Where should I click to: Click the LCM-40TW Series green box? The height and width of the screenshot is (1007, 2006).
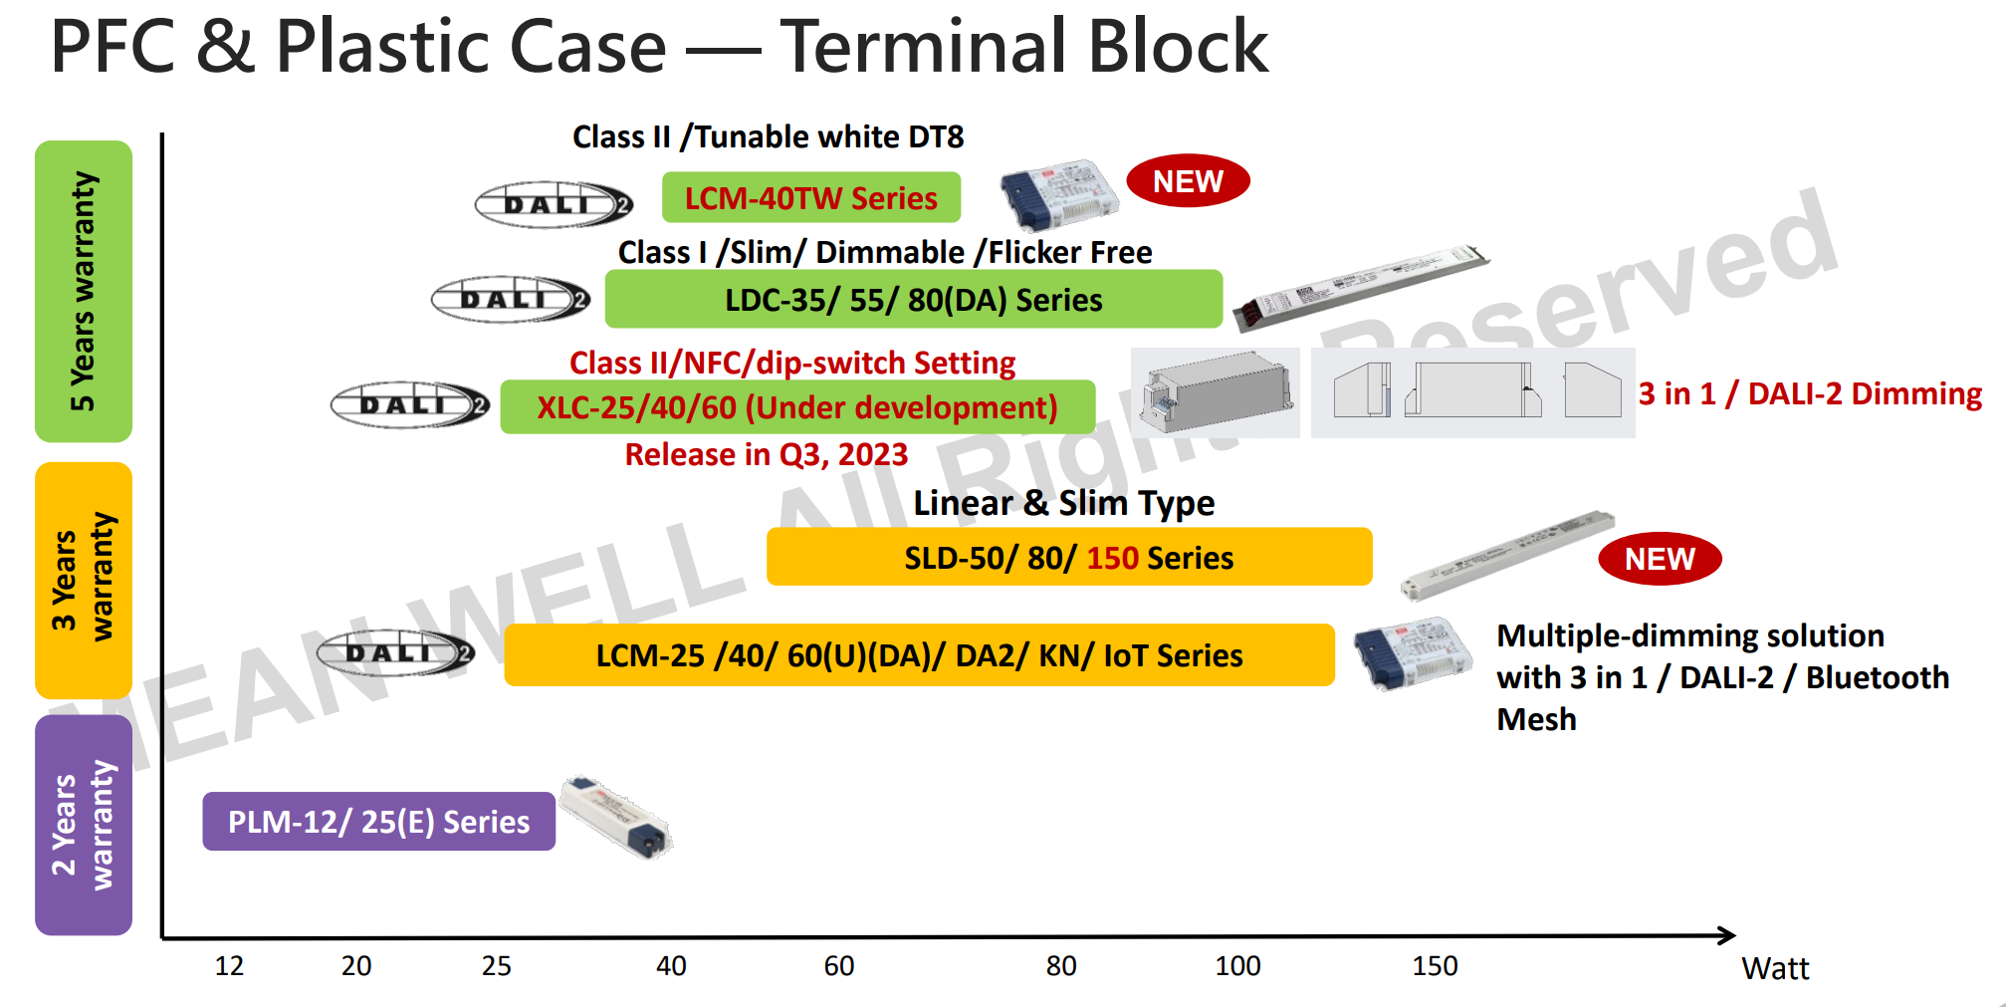pyautogui.click(x=810, y=197)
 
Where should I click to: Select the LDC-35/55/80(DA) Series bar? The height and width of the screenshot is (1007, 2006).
pyautogui.click(x=913, y=299)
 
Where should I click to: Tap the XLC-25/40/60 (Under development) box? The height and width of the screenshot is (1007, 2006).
pyautogui.click(x=796, y=407)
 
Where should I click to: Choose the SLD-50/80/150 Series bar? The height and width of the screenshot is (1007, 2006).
pyautogui.click(x=1068, y=557)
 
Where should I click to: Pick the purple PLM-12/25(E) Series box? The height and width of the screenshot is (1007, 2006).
pyautogui.click(x=378, y=822)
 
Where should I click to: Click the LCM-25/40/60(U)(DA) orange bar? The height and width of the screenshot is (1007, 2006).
pyautogui.click(x=918, y=655)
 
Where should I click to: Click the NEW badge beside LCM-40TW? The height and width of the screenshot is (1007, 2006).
pyautogui.click(x=1187, y=181)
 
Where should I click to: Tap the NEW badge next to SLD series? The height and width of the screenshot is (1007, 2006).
pyautogui.click(x=1659, y=559)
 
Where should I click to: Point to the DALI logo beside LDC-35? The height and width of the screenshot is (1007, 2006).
pyautogui.click(x=510, y=299)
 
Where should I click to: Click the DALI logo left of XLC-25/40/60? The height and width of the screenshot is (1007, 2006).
pyautogui.click(x=409, y=405)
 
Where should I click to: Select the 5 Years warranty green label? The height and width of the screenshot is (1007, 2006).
pyautogui.click(x=84, y=291)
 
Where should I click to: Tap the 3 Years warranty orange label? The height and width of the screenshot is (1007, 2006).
pyautogui.click(x=84, y=580)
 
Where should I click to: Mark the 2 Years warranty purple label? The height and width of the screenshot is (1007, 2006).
pyautogui.click(x=84, y=825)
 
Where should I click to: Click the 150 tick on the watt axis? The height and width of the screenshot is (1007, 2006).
pyautogui.click(x=1434, y=965)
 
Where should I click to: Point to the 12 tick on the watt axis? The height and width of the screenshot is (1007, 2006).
pyautogui.click(x=229, y=965)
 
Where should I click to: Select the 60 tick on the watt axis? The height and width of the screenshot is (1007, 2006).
pyautogui.click(x=838, y=965)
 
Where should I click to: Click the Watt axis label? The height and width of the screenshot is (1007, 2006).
pyautogui.click(x=1774, y=968)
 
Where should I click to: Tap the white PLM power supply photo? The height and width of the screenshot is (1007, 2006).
pyautogui.click(x=615, y=817)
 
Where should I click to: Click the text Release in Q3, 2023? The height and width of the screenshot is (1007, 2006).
pyautogui.click(x=766, y=454)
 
